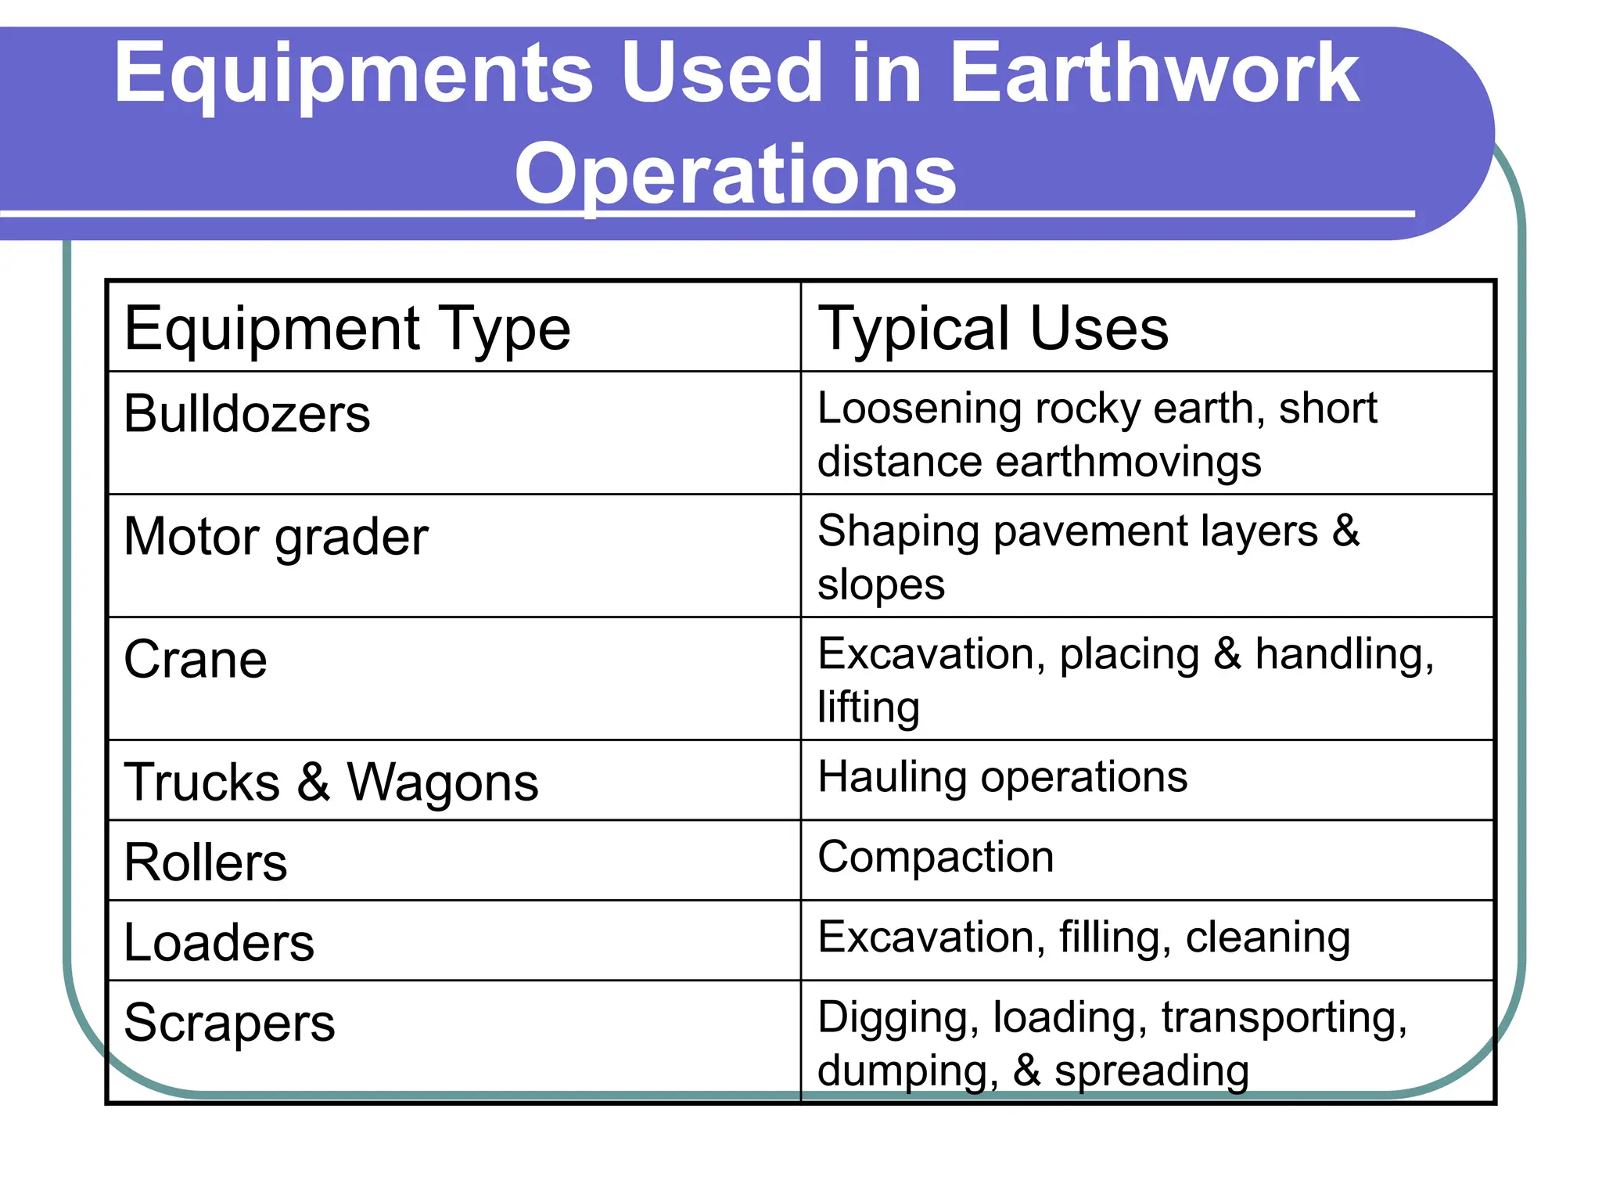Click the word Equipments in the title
[x=354, y=74]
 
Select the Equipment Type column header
[x=347, y=329]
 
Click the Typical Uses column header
[x=993, y=329]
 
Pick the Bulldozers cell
[x=247, y=414]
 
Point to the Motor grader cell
[x=276, y=538]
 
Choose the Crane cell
[x=196, y=660]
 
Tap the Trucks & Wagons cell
[x=331, y=782]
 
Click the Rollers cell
[x=206, y=862]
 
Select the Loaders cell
[x=219, y=942]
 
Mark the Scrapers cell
[x=229, y=1023]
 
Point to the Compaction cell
[x=936, y=857]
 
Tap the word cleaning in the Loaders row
[x=1267, y=937]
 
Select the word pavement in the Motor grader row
[x=1088, y=531]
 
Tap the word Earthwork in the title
[x=1154, y=74]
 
